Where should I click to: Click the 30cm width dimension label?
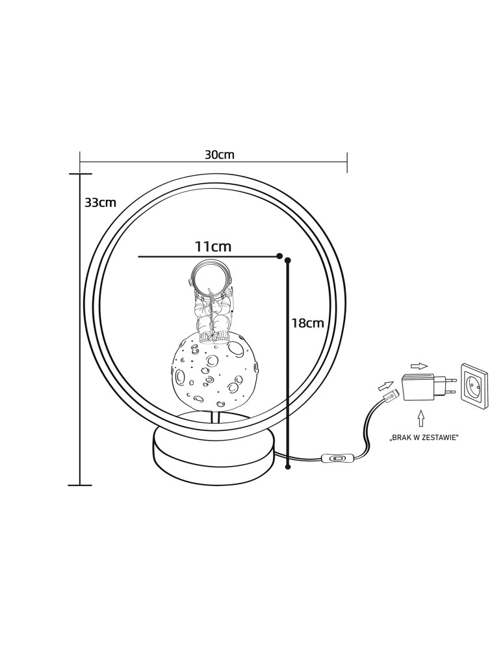[x=219, y=154]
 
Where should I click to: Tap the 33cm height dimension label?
[x=100, y=202]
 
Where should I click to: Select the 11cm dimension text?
[x=213, y=247]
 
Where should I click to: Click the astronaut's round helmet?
[x=210, y=278]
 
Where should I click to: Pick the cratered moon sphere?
[x=214, y=371]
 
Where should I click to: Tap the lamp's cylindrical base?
[x=214, y=452]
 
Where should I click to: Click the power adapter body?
[x=418, y=387]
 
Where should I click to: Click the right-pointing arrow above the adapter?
[x=419, y=366]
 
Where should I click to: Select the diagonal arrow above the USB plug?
[x=385, y=386]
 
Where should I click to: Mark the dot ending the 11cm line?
[x=279, y=256]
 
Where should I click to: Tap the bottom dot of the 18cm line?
[x=288, y=467]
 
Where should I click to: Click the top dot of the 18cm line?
[x=288, y=260]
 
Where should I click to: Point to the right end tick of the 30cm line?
[x=347, y=162]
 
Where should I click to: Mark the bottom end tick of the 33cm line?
[x=79, y=484]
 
